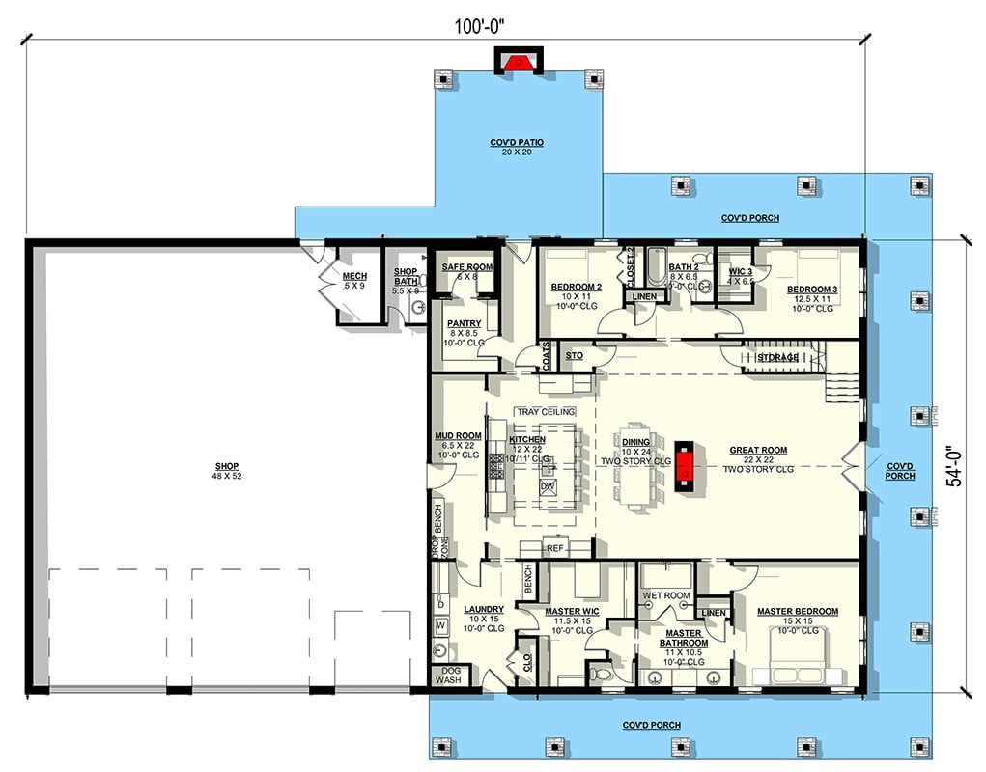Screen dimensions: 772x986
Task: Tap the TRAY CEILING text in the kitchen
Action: coord(546,412)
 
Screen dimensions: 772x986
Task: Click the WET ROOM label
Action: coord(666,595)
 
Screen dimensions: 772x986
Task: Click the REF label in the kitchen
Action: coord(555,548)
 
